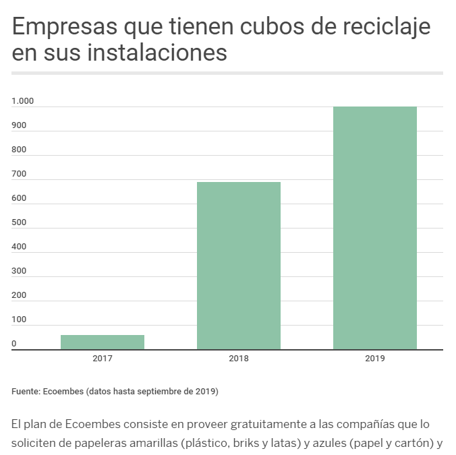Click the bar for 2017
[103, 342]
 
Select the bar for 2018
[239, 266]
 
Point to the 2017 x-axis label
[103, 359]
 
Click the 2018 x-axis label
[239, 359]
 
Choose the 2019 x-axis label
[375, 359]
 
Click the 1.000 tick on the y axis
[23, 101]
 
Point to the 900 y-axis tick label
[19, 125]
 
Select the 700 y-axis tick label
[19, 174]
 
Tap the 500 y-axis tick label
[19, 222]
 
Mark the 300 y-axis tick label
[19, 271]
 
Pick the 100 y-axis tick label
[19, 320]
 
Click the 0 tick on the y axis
[14, 344]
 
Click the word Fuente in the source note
[26, 391]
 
